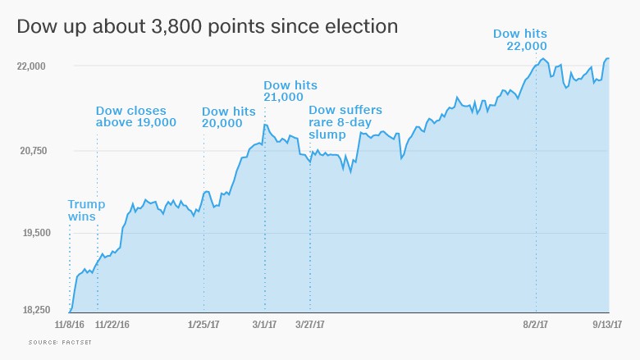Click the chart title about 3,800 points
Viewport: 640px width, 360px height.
[x=208, y=26]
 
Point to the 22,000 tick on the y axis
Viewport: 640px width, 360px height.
[x=34, y=66]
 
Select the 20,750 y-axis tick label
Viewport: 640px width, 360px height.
[x=34, y=151]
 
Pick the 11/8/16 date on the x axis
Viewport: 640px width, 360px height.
[x=70, y=325]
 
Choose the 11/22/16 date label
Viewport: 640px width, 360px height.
[x=112, y=325]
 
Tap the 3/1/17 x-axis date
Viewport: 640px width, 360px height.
[x=264, y=325]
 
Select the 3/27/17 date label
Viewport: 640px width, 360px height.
[x=310, y=325]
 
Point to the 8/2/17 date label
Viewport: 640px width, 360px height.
[x=536, y=325]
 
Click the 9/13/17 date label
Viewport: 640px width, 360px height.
[x=608, y=325]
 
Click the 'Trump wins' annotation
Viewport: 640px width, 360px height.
[x=81, y=211]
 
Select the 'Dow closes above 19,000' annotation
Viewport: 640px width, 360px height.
[x=136, y=116]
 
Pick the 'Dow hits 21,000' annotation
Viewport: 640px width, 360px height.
[x=290, y=91]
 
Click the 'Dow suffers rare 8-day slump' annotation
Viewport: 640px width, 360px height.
[x=345, y=122]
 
